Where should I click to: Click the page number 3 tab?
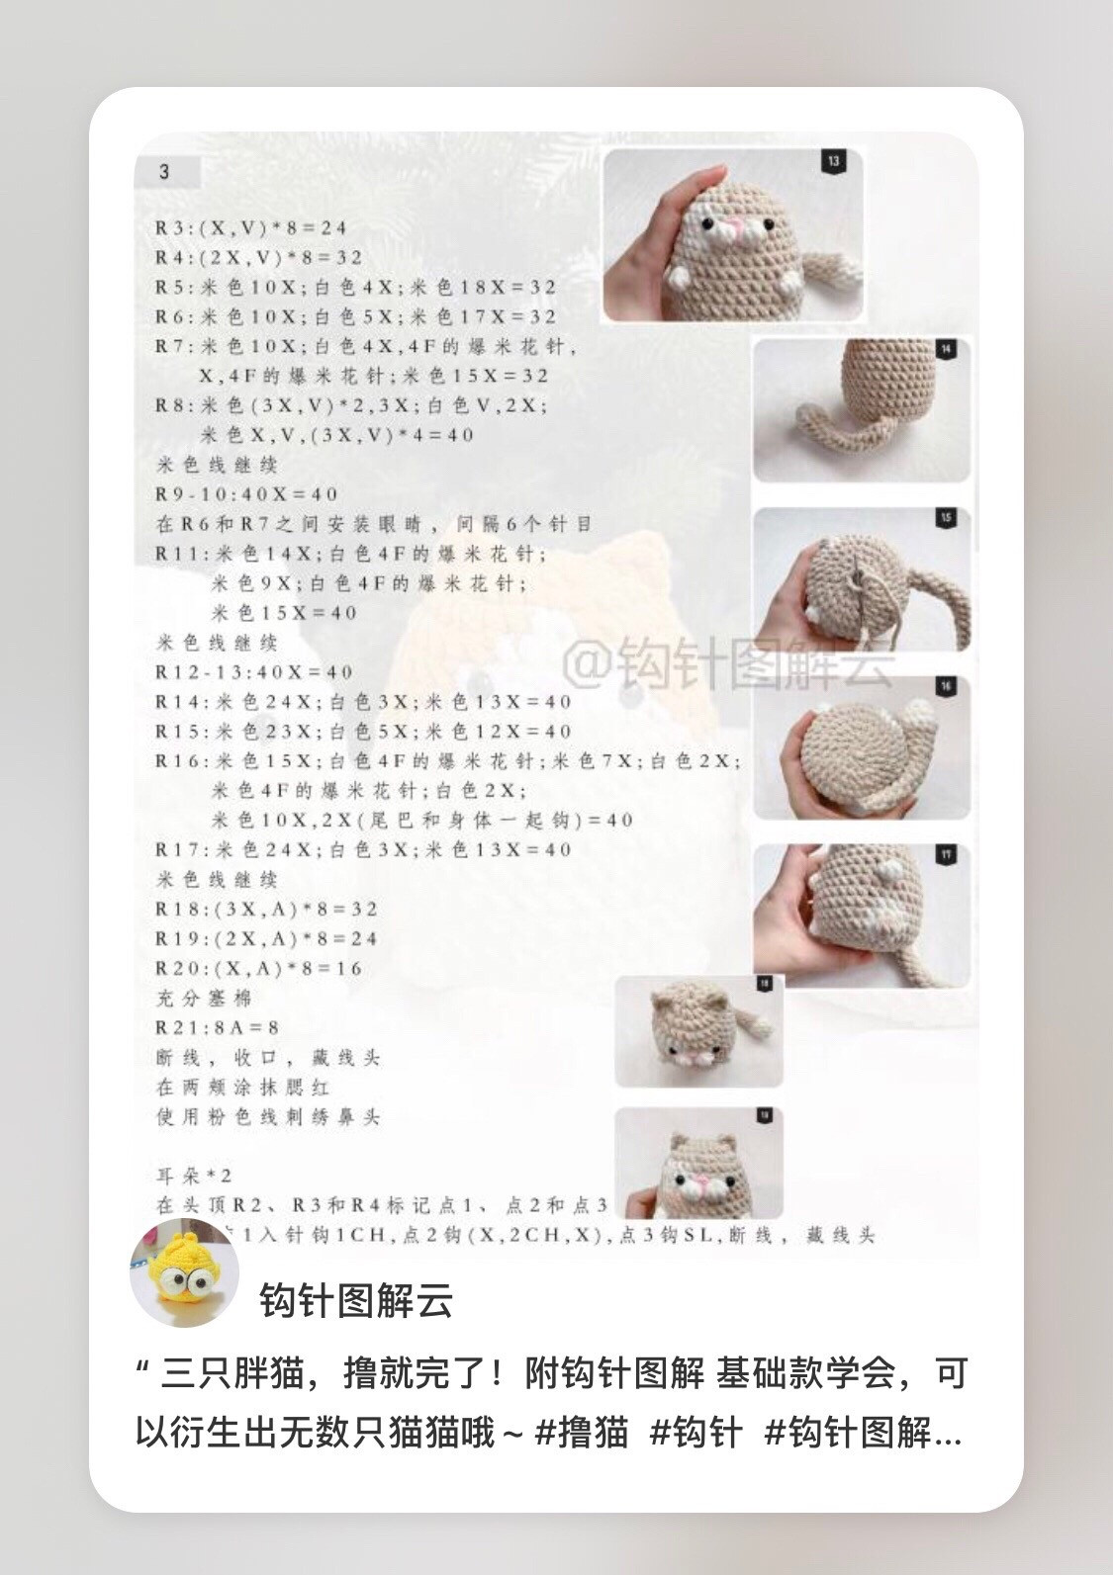point(165,172)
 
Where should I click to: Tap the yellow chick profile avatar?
point(184,1273)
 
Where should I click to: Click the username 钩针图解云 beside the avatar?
point(356,1301)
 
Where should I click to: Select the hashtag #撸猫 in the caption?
point(582,1432)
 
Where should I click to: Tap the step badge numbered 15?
point(946,518)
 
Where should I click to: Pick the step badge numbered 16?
point(946,686)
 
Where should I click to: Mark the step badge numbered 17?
point(946,855)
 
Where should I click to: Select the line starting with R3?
point(251,227)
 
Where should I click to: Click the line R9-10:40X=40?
point(247,494)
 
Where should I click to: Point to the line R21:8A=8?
point(218,1028)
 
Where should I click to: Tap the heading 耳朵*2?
point(194,1177)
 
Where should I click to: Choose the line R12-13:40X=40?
point(254,672)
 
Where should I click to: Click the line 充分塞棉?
point(204,999)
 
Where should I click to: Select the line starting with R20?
point(259,969)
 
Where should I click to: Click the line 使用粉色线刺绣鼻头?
point(268,1117)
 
